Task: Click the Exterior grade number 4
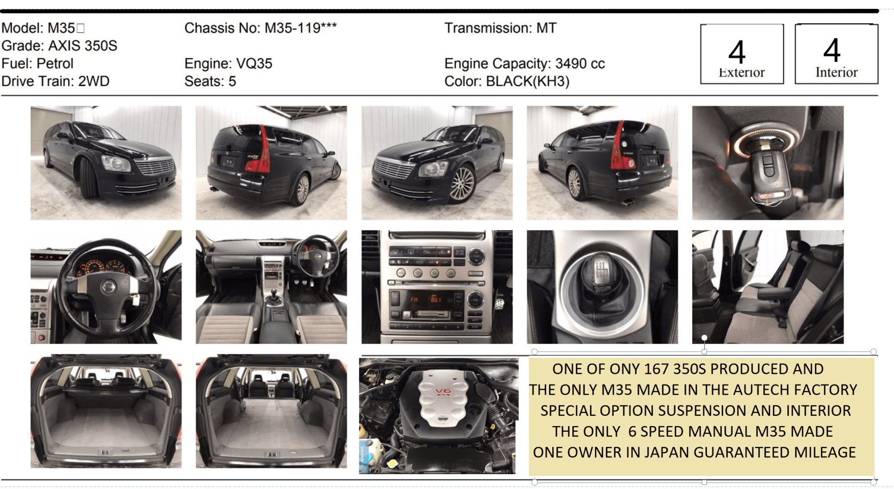coord(737,52)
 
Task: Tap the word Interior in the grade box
coord(836,72)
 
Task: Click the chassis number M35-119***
coord(300,28)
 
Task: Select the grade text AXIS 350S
coord(83,46)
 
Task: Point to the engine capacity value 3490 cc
coord(580,63)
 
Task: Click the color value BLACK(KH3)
coord(528,81)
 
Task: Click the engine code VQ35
coord(254,63)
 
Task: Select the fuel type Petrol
coord(55,63)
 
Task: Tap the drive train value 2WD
coord(94,81)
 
